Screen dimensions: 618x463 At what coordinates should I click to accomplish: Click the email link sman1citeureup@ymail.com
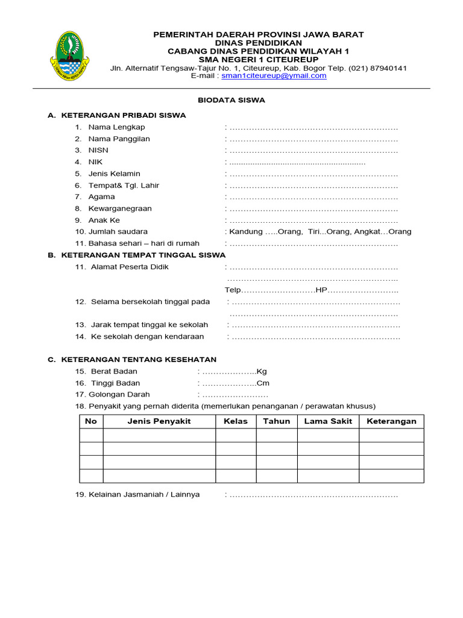[x=274, y=76]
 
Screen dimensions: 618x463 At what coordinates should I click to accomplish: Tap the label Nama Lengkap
[x=116, y=127]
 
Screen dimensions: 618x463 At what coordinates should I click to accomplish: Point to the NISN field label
[x=98, y=150]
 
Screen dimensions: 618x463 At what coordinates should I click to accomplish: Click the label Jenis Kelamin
[x=114, y=174]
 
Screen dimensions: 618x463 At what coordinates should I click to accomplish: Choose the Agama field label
[x=101, y=197]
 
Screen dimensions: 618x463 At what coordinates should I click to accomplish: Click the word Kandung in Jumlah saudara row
[x=245, y=232]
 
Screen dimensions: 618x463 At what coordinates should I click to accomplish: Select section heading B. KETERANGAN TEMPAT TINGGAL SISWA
[x=136, y=255]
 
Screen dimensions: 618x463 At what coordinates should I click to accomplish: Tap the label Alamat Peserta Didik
[x=130, y=267]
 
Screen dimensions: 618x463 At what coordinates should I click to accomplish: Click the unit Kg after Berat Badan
[x=262, y=371]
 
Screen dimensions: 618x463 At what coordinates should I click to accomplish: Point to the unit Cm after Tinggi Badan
[x=262, y=383]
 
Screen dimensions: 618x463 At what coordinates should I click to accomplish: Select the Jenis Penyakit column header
[x=159, y=421]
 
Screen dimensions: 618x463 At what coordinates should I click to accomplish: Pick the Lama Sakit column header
[x=328, y=421]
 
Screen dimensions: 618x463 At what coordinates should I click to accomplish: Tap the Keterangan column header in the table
[x=391, y=421]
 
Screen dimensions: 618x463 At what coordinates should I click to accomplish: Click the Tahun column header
[x=277, y=421]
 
